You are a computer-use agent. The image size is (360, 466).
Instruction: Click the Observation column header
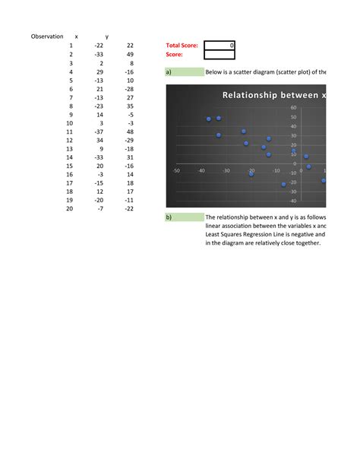[x=46, y=36]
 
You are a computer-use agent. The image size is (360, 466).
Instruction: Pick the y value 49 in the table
[x=130, y=55]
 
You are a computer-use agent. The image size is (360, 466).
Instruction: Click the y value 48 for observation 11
[x=130, y=132]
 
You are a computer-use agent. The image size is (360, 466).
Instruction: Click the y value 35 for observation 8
[x=130, y=106]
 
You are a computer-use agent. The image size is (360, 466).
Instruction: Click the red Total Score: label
[x=182, y=46]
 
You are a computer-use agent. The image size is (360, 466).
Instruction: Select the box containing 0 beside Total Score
[x=220, y=46]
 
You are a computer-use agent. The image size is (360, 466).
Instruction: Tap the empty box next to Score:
[x=220, y=55]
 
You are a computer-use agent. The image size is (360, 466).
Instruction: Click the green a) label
[x=184, y=72]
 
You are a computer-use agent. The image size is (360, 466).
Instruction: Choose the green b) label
[x=184, y=217]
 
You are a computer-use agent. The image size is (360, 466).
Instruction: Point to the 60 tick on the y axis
[x=293, y=108]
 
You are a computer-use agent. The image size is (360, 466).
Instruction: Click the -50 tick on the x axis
[x=176, y=171]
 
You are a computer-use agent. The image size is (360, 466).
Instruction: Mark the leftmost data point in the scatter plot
[x=209, y=119]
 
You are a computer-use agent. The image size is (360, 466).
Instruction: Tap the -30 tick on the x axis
[x=226, y=171]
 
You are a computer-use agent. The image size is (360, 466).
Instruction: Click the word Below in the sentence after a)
[x=215, y=72]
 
